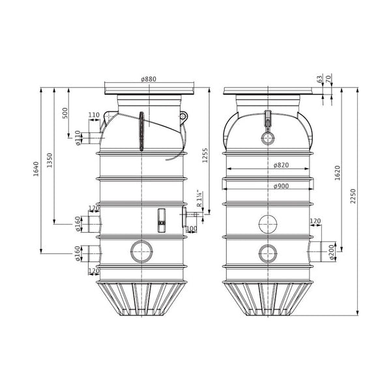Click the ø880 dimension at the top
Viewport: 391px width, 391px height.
(149, 79)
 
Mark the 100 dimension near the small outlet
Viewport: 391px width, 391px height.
(192, 229)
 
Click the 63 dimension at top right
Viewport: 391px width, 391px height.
(320, 80)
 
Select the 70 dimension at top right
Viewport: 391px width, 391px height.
(330, 80)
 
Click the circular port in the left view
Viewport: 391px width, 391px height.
(141, 250)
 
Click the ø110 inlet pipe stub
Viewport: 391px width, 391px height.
(96, 138)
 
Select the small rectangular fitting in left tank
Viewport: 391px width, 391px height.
(162, 220)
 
